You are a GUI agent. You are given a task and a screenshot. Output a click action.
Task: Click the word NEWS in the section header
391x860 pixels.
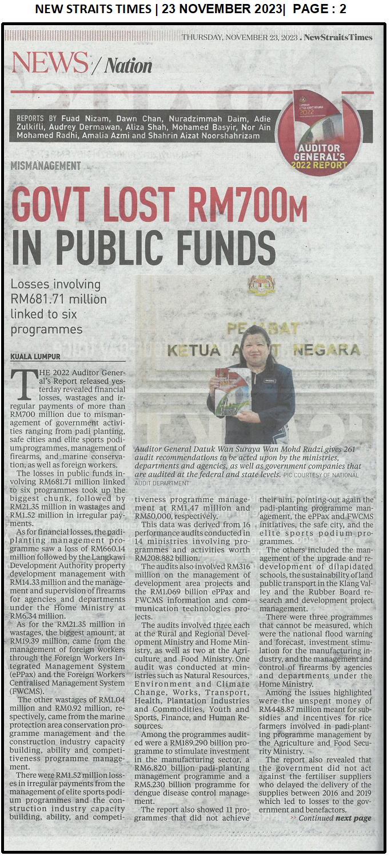coord(50,63)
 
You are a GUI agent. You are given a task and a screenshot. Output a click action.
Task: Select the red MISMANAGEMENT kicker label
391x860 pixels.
coord(46,166)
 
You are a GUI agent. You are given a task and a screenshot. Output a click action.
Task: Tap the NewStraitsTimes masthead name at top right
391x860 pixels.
coord(338,37)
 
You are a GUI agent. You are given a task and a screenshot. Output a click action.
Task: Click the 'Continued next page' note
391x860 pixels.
coord(334,818)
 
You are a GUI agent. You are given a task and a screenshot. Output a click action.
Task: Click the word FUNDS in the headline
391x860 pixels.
coord(218,248)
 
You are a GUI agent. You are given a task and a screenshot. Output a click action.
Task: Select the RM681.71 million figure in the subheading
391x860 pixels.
coord(59,299)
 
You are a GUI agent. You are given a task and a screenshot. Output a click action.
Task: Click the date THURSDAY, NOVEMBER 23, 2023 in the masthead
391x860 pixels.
coord(240,38)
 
